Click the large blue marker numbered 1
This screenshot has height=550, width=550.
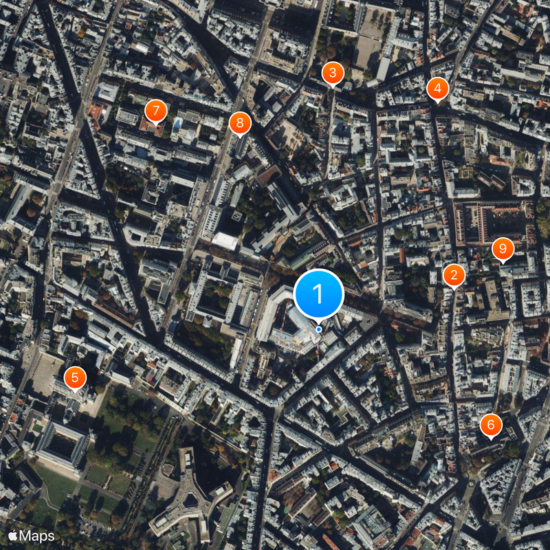click(x=318, y=294)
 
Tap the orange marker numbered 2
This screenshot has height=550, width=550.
click(x=453, y=276)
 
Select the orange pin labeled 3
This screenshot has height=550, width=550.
click(x=333, y=72)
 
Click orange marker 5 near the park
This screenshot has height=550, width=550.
click(x=75, y=377)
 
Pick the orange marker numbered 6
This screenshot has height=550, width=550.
click(x=490, y=426)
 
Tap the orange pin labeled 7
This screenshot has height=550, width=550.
click(x=156, y=110)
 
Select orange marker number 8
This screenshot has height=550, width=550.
click(x=239, y=123)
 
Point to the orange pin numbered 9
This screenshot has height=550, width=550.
click(x=503, y=248)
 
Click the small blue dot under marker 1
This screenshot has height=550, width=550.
click(x=319, y=329)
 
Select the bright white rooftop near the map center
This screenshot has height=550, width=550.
click(x=225, y=241)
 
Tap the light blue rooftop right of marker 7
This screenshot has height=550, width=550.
click(x=178, y=124)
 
